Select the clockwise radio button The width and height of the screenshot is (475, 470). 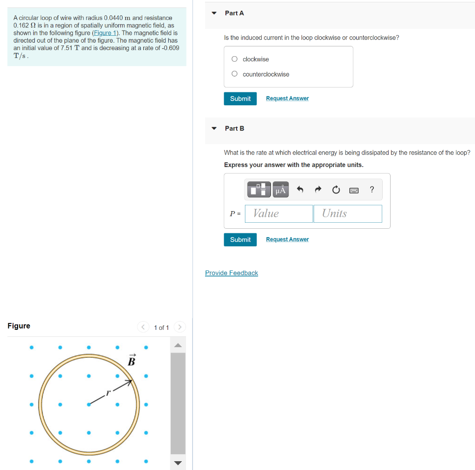point(235,59)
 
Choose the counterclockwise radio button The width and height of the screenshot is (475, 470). point(235,74)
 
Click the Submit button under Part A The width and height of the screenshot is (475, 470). point(240,98)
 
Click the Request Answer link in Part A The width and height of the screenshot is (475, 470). point(287,98)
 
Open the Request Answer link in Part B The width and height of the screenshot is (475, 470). point(287,239)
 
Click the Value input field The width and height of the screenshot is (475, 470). point(279,213)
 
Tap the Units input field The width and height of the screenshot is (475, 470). point(347,213)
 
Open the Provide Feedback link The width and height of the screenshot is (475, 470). point(231,273)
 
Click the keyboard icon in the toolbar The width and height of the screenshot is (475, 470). point(354,190)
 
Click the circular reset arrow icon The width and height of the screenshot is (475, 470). point(336,190)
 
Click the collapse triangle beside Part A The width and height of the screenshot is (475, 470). point(214,13)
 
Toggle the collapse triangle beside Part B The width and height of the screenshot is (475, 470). point(214,128)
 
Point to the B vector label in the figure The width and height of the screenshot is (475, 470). point(131,361)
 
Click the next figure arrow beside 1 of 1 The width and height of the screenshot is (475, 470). point(180,327)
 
